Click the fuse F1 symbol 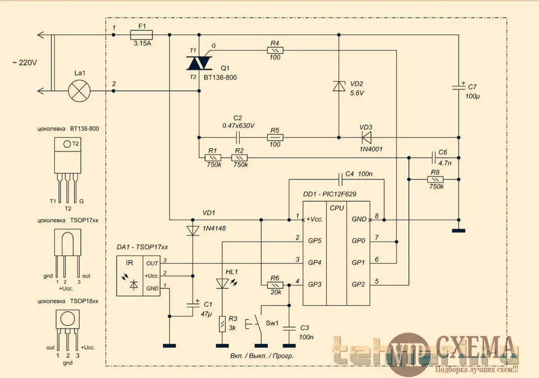click(x=141, y=35)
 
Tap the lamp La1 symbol click(x=80, y=90)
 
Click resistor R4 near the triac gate click(x=275, y=50)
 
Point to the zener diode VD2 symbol click(x=339, y=86)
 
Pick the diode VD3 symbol click(x=368, y=136)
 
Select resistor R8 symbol click(x=435, y=179)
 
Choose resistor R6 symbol click(x=275, y=285)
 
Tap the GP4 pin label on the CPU click(x=316, y=262)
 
